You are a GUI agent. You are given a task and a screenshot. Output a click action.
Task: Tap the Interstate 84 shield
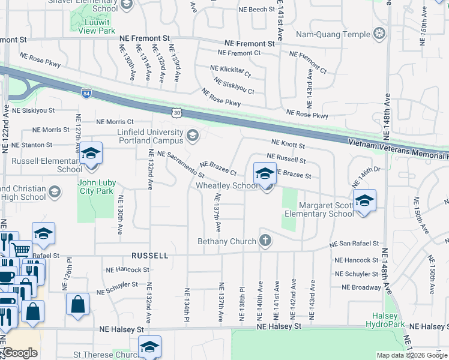coord(86,92)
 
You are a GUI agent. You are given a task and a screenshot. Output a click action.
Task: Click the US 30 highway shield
coord(176,112)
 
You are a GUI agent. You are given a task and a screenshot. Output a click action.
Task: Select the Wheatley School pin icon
coord(265,174)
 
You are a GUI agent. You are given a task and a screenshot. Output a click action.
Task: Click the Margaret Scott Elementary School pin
coord(364,201)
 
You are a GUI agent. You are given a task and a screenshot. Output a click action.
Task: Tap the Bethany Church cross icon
coord(265,241)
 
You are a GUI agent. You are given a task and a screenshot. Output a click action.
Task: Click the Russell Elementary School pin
coord(91,154)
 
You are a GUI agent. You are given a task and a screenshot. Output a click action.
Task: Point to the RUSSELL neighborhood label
coord(149,255)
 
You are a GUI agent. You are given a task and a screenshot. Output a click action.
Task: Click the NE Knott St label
coord(288,144)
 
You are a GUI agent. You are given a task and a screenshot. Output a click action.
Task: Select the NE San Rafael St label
coord(354,244)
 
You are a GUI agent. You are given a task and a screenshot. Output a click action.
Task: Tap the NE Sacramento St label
coord(181,164)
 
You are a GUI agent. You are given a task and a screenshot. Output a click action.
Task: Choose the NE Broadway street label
coord(361,287)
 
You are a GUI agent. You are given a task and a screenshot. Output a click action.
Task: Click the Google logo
coord(19,353)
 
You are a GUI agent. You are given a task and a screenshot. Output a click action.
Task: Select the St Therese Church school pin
coord(149,346)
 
